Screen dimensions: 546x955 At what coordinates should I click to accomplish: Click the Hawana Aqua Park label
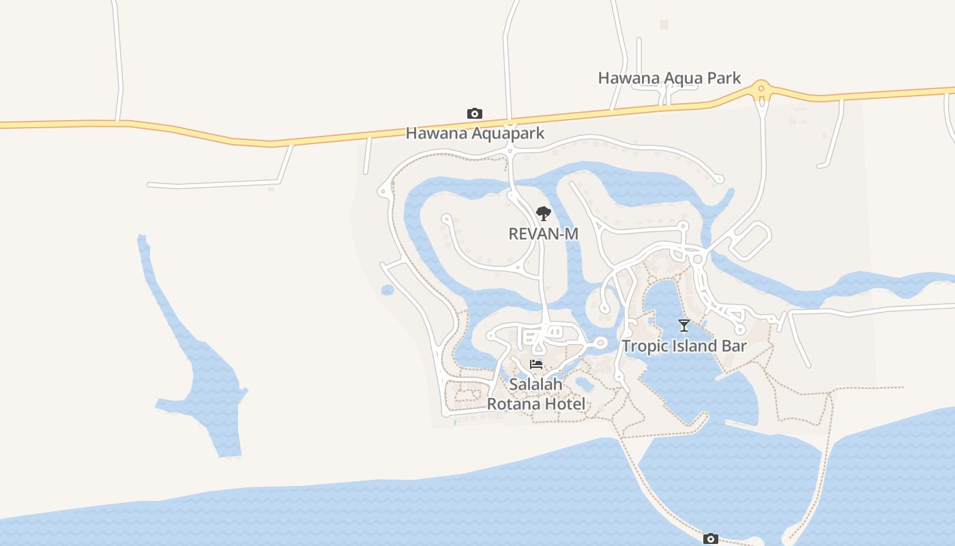pos(669,78)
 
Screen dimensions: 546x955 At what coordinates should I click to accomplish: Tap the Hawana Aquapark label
pos(475,133)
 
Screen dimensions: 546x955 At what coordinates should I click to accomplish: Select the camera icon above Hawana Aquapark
pos(474,113)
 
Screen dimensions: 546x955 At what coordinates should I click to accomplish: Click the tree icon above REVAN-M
pos(543,214)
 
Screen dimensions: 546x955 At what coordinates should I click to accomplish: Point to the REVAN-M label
pos(543,233)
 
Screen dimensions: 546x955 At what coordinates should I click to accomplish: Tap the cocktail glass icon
pos(684,325)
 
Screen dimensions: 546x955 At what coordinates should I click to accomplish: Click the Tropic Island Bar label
pos(684,346)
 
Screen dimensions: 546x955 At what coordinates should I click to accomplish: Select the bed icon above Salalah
pos(536,364)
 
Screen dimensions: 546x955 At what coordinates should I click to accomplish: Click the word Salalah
pos(536,384)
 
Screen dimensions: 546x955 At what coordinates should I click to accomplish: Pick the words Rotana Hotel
pos(536,404)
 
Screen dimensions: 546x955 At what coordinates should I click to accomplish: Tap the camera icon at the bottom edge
pos(711,538)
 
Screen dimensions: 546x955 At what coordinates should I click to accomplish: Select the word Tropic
pos(645,346)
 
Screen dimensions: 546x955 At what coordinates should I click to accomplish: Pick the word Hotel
pos(565,404)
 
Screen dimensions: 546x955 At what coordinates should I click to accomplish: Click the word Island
pos(694,346)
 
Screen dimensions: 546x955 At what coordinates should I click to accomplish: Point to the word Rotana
pos(514,404)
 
